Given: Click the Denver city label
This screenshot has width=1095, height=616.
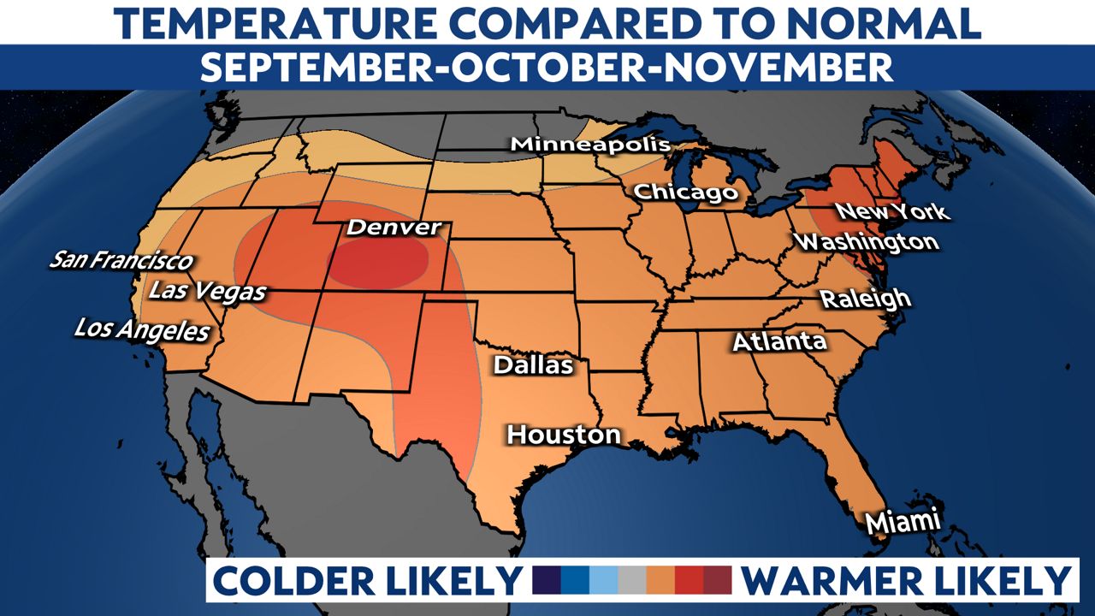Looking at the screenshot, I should (394, 228).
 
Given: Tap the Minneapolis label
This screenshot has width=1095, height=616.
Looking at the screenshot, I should (590, 144).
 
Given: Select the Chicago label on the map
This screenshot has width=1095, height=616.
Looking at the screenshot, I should (685, 192).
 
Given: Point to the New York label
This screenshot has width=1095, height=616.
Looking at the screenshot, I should (891, 211).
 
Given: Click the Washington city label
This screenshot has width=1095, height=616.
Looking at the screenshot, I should (866, 242).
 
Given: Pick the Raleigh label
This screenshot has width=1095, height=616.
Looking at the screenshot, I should (866, 299).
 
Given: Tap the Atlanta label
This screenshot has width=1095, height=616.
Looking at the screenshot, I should (779, 342).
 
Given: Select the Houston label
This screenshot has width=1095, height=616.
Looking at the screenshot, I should (564, 435).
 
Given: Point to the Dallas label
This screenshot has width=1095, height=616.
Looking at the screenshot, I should (533, 365).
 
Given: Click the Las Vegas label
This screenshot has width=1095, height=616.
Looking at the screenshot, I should (207, 292).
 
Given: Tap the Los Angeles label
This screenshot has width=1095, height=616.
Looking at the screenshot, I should (142, 329).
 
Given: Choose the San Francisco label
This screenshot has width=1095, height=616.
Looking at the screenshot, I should (121, 259).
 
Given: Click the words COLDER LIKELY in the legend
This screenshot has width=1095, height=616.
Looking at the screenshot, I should (366, 581).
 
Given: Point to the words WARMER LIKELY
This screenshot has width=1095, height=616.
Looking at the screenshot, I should (905, 581).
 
